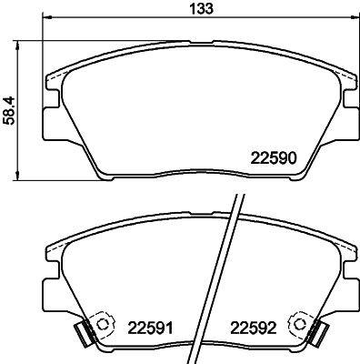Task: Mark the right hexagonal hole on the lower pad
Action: click(296, 324)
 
